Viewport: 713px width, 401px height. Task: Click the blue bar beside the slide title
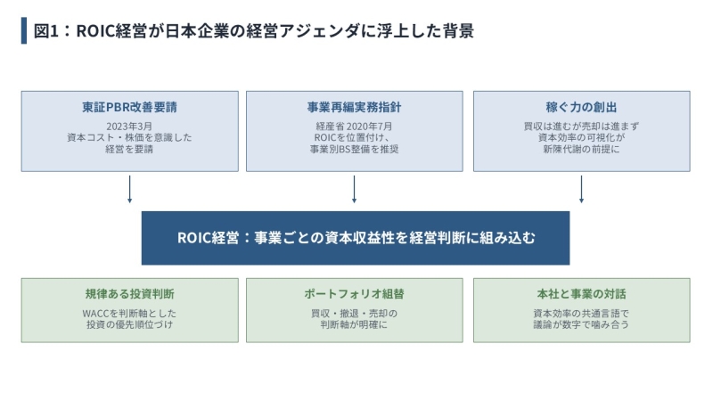(24, 30)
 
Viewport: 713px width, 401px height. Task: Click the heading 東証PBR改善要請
(129, 107)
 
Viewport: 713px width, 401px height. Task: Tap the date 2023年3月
(129, 127)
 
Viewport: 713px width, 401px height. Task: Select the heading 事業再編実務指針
(354, 107)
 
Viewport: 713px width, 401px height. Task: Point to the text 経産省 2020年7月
(354, 127)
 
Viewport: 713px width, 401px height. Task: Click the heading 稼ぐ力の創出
(582, 107)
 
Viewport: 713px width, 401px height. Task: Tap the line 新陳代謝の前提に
(582, 149)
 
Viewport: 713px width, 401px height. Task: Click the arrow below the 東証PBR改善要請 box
(129, 189)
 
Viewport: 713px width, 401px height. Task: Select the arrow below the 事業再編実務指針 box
(354, 189)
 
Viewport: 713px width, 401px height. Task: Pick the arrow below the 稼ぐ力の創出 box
(582, 189)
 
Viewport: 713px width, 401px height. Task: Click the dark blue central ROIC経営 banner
(356, 238)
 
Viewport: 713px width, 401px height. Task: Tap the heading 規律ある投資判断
(129, 294)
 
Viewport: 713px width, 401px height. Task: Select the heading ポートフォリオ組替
(354, 294)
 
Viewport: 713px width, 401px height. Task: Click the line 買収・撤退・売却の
(354, 314)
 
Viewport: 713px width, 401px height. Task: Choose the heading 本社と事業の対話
(582, 294)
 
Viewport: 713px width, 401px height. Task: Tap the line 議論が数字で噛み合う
(582, 324)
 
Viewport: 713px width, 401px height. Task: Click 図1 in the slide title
(46, 31)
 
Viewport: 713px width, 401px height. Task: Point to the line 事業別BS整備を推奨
(354, 149)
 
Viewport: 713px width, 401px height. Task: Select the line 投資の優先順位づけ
(129, 324)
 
